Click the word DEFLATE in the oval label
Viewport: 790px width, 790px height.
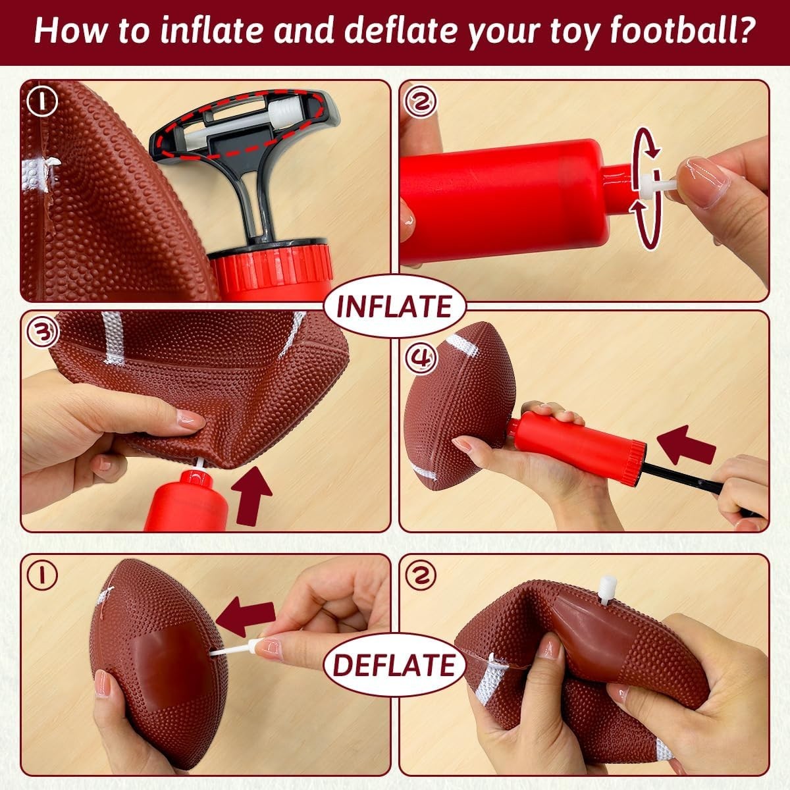pos(394,665)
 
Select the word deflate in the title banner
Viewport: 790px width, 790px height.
pos(384,31)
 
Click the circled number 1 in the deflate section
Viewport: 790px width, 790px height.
pos(43,575)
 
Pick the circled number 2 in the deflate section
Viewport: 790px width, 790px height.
pos(422,575)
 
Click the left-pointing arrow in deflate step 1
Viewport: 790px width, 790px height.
pos(246,618)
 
